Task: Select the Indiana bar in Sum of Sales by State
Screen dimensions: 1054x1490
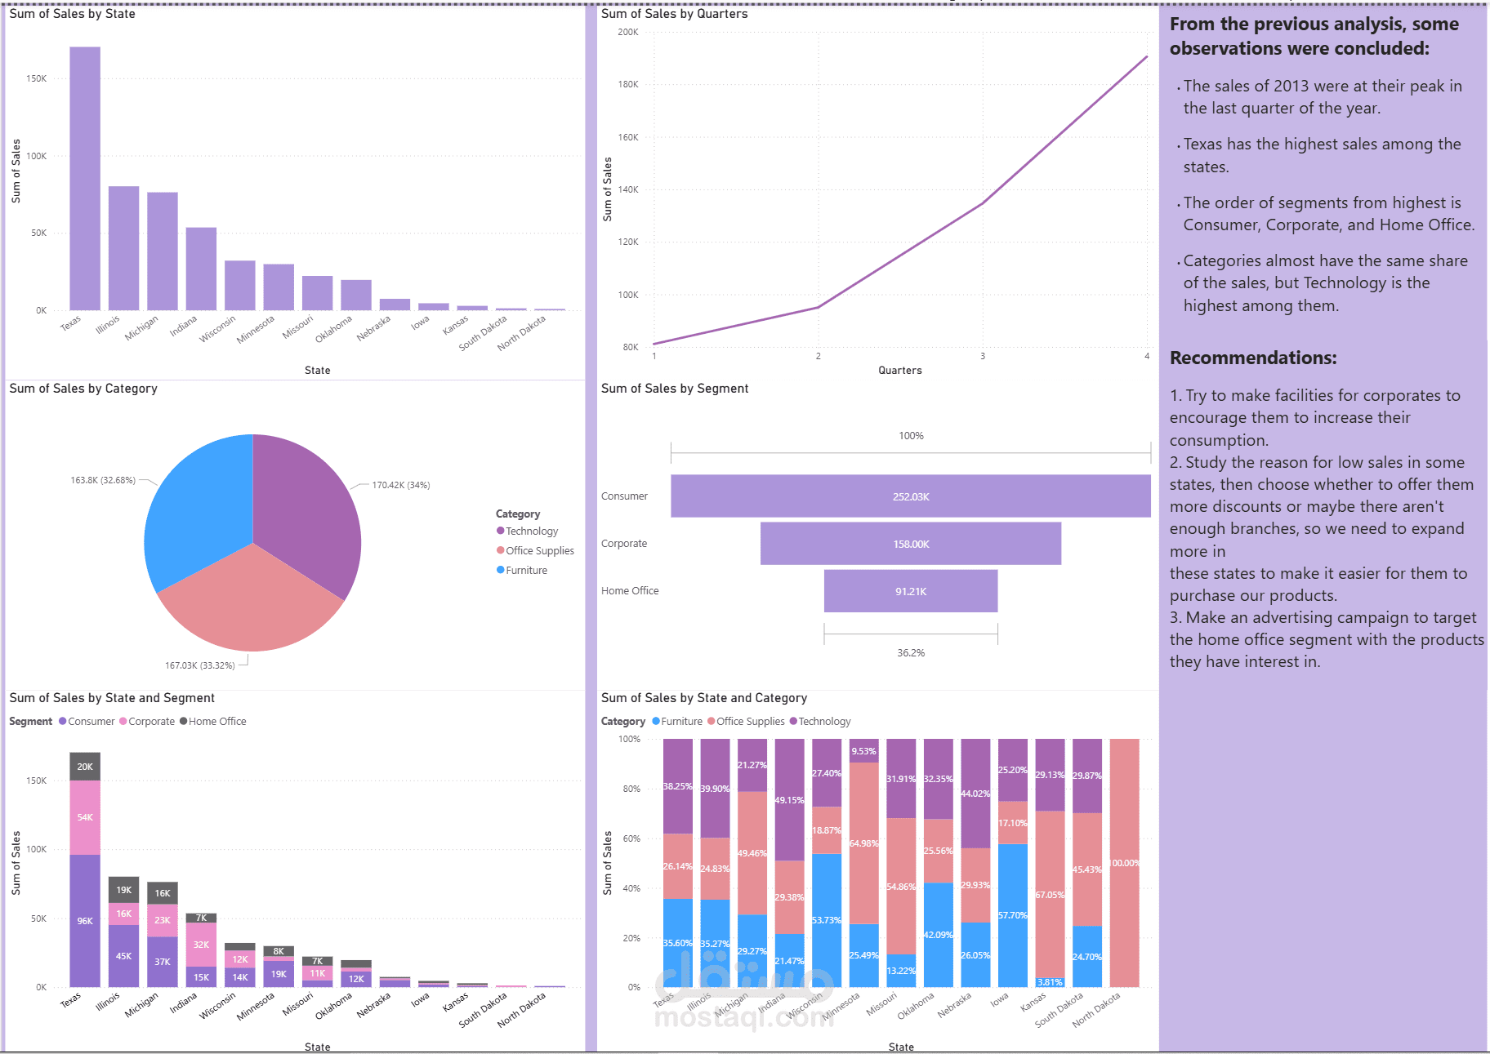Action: click(201, 269)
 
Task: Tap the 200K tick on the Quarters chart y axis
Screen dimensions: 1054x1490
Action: click(627, 32)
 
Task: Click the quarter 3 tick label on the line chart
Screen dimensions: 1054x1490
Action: click(982, 356)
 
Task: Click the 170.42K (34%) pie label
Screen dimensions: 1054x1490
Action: click(400, 485)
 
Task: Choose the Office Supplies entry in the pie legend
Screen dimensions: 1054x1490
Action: click(539, 551)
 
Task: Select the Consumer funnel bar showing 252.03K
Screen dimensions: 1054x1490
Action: click(910, 496)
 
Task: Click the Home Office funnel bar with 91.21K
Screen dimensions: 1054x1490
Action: click(910, 591)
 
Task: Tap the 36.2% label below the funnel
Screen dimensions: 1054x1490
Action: click(910, 653)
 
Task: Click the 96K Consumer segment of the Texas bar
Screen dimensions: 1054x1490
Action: click(85, 921)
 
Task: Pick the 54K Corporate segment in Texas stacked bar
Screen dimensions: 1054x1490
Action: click(85, 817)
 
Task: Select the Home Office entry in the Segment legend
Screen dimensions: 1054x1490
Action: click(216, 722)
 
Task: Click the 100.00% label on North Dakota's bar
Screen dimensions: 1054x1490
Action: click(1124, 863)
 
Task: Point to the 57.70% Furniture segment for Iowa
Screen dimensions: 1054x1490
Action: click(1013, 915)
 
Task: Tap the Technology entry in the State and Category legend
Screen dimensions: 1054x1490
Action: click(823, 722)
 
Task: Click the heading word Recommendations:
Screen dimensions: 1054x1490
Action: click(1252, 358)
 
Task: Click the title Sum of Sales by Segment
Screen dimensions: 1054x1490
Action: click(674, 389)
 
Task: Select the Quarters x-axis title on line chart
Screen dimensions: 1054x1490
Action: click(899, 371)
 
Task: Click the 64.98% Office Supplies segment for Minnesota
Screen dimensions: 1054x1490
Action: click(863, 843)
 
